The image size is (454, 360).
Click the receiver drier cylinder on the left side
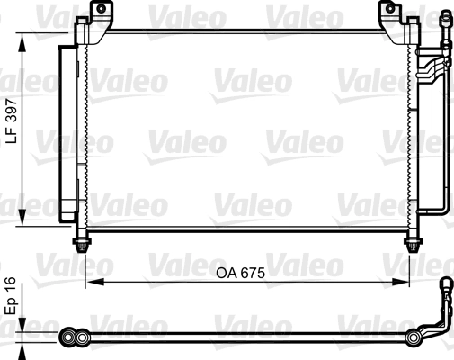click(x=67, y=126)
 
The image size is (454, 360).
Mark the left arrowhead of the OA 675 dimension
click(x=90, y=283)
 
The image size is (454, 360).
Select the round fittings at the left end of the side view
click(x=72, y=337)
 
